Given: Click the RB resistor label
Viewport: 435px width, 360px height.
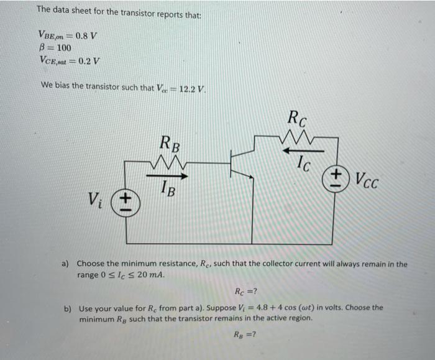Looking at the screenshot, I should (170, 145).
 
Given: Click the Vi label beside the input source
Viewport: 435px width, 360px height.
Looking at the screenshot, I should (96, 200).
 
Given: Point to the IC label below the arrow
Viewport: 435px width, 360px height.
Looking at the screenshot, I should (303, 164).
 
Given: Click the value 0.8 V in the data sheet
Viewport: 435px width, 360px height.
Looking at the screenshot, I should (83, 35).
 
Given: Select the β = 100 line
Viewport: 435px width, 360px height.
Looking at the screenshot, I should (55, 48).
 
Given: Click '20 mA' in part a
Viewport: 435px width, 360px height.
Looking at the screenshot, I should (153, 275).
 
